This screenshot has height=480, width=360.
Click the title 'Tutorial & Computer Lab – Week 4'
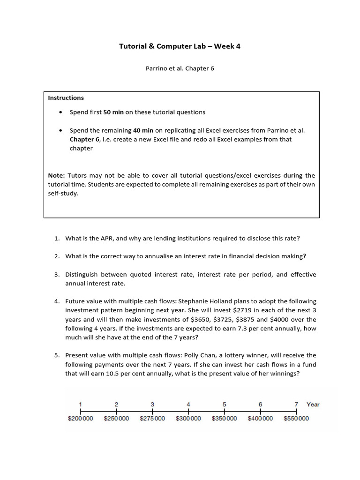point(180,46)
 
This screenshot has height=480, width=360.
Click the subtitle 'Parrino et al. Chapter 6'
point(180,68)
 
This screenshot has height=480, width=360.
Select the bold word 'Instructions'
point(66,98)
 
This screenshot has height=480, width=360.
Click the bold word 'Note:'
point(56,175)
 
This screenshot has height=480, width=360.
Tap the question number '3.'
point(57,275)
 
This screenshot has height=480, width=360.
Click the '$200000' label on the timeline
point(81,419)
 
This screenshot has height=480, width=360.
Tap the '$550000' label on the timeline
point(296,419)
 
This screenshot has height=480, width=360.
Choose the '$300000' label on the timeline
point(188,419)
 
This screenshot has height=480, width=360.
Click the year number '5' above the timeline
point(224,404)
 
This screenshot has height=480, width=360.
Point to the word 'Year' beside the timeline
point(313,404)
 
